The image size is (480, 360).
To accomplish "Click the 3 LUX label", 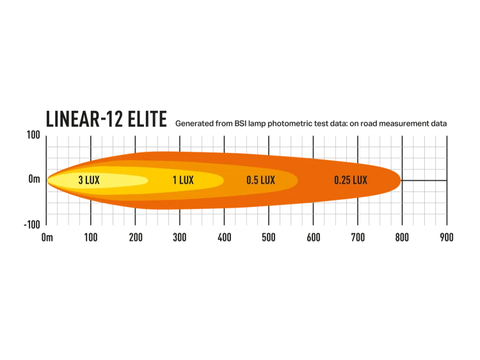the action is pyautogui.click(x=89, y=180).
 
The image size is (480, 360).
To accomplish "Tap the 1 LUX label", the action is pyautogui.click(x=183, y=180).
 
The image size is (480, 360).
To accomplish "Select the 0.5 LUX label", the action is pyautogui.click(x=261, y=180).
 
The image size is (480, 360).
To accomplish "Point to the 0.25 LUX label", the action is pyautogui.click(x=351, y=180).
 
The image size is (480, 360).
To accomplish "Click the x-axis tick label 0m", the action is pyautogui.click(x=47, y=238).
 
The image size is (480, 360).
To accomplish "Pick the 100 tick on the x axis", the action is pyautogui.click(x=91, y=238).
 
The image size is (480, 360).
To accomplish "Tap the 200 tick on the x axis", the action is pyautogui.click(x=136, y=238).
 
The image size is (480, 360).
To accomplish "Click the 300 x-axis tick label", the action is pyautogui.click(x=180, y=238).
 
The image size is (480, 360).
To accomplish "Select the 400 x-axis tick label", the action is pyautogui.click(x=225, y=238).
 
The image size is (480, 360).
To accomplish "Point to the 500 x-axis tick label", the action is pyautogui.click(x=269, y=238).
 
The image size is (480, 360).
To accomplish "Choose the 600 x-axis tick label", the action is pyautogui.click(x=314, y=238).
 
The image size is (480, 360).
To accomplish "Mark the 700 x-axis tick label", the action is pyautogui.click(x=358, y=238).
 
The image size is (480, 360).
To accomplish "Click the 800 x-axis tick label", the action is pyautogui.click(x=402, y=238).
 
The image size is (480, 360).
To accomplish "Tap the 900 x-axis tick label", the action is pyautogui.click(x=447, y=238).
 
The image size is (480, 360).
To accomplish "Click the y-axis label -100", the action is pyautogui.click(x=32, y=225).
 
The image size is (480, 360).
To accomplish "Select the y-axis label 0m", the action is pyautogui.click(x=35, y=179).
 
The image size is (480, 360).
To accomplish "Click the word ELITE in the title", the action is pyautogui.click(x=147, y=119).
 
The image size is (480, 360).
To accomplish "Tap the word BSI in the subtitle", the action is pyautogui.click(x=241, y=124).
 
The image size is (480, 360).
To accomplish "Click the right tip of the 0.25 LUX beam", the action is pyautogui.click(x=401, y=181).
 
